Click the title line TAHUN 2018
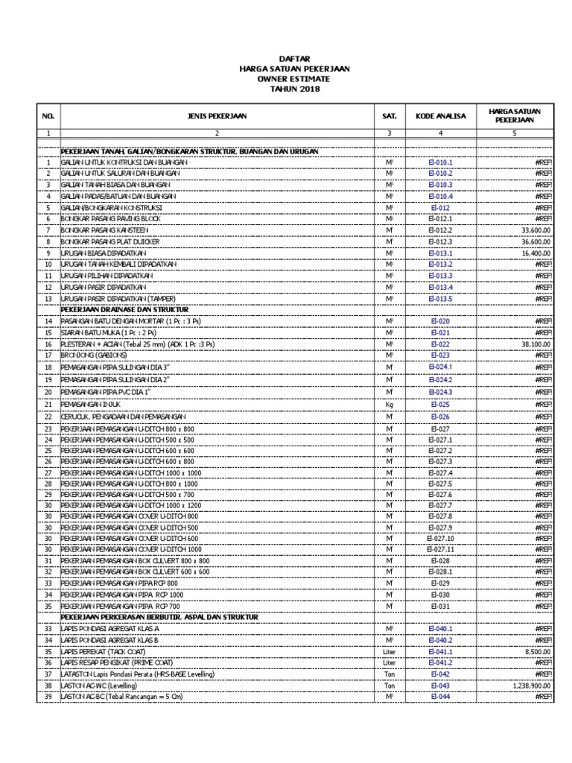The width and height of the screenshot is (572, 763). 294,89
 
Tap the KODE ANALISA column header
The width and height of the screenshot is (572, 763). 440,116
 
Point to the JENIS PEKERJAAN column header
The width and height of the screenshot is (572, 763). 217,116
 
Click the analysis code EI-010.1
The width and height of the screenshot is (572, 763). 440,162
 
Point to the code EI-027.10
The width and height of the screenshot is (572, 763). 440,538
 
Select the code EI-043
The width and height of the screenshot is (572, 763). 440,685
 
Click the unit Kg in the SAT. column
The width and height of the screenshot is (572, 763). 388,405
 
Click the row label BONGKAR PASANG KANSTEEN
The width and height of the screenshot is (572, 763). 109,230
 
